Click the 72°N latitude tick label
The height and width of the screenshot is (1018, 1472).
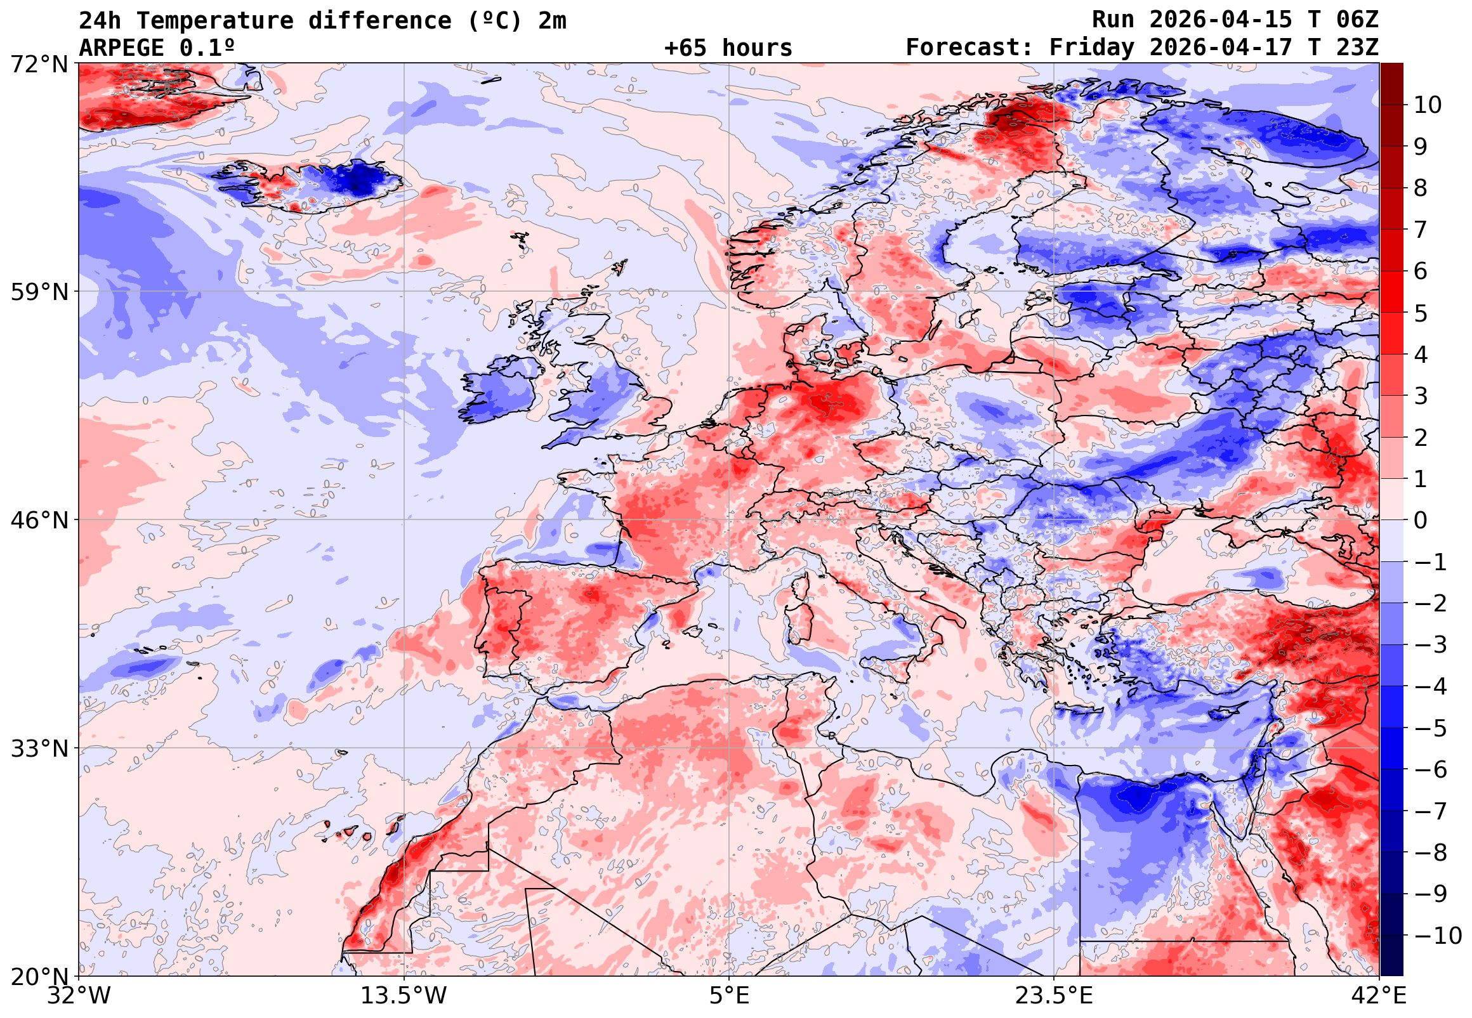click(39, 65)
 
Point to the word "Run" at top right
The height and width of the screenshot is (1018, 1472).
click(1113, 20)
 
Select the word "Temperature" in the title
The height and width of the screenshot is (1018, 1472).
click(214, 20)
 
